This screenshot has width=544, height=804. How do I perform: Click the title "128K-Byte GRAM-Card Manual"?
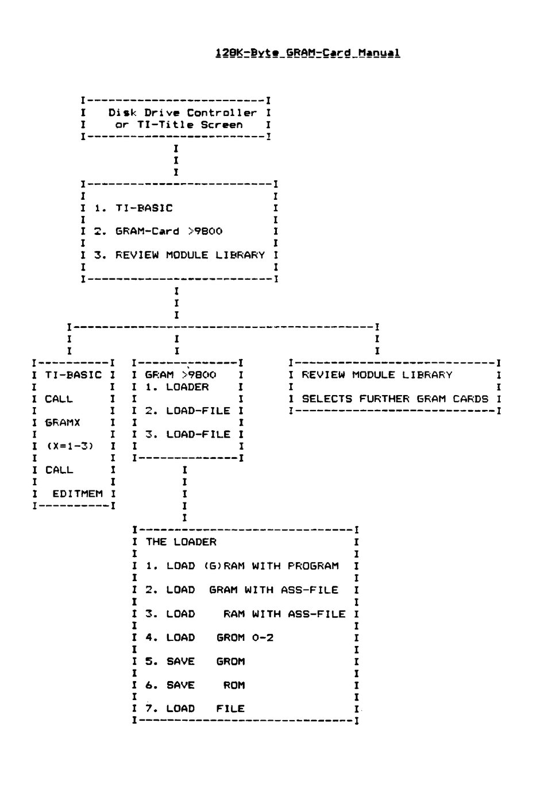307,53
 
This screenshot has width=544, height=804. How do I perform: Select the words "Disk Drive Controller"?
183,113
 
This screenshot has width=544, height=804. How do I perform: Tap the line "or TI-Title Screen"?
179,125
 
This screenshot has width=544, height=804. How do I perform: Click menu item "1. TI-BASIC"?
134,208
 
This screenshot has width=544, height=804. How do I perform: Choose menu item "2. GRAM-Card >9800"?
159,231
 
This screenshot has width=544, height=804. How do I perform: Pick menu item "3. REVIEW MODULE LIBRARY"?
180,255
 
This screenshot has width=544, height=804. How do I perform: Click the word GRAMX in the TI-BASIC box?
63,423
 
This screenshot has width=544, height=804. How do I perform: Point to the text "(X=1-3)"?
70,446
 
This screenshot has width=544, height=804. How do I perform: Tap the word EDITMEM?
78,494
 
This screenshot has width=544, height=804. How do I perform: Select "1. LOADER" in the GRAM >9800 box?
177,387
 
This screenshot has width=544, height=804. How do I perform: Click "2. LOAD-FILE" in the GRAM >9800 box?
187,411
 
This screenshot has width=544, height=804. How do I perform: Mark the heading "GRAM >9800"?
180,374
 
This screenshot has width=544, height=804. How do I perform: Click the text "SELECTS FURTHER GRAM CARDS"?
395,399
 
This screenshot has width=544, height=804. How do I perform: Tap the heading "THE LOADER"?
181,542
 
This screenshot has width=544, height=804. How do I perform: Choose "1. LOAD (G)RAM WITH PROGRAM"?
242,566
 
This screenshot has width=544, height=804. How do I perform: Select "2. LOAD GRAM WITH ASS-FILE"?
242,590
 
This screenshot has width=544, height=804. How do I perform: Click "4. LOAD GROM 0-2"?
209,637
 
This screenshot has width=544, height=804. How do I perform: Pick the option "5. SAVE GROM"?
195,661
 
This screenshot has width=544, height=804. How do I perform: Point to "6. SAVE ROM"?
195,685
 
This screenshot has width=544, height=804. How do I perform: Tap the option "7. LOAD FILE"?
195,709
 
